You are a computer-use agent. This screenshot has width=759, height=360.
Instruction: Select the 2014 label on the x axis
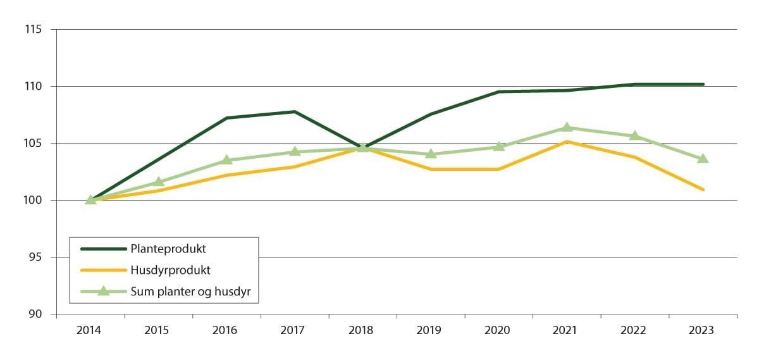[90, 330]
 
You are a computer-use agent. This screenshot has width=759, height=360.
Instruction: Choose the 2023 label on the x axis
[702, 330]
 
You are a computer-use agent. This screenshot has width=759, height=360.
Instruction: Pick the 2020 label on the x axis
[498, 330]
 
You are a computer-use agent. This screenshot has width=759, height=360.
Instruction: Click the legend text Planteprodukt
[168, 249]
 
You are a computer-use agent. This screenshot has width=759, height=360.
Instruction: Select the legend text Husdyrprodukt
[170, 270]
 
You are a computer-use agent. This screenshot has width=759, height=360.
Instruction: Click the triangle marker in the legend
[103, 291]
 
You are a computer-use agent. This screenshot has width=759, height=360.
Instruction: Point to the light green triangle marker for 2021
[567, 128]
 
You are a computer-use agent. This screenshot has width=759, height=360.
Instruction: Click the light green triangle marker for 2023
[703, 159]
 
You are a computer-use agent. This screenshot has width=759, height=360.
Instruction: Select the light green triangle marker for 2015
[159, 182]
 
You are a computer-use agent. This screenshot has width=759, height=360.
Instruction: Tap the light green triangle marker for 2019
[431, 154]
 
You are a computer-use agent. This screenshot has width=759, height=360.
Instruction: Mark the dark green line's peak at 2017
[295, 111]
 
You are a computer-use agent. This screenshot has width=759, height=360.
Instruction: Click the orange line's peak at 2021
[567, 142]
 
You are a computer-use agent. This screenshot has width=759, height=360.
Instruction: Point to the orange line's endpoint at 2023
[703, 189]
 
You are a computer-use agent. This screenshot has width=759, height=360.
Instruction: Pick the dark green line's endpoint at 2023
[703, 84]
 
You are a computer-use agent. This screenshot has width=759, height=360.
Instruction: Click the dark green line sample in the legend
[103, 249]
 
